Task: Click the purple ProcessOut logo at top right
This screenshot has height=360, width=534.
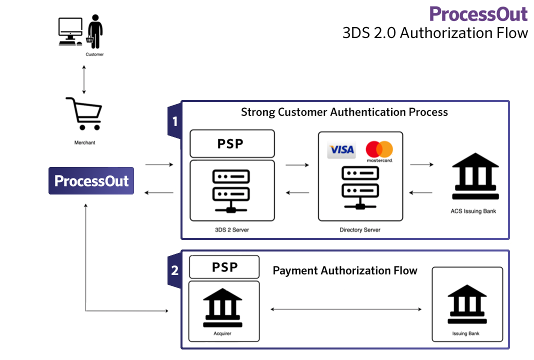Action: [478, 13]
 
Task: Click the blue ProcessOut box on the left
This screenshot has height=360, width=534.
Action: [91, 180]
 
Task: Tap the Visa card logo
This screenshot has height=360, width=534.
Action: [341, 149]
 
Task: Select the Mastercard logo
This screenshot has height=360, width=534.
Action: [379, 150]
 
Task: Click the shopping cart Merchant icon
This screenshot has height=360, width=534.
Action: [83, 114]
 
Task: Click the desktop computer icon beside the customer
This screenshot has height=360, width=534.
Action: [70, 31]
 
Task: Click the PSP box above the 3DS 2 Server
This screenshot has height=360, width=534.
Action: [231, 143]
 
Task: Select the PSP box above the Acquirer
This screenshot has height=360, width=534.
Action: [224, 267]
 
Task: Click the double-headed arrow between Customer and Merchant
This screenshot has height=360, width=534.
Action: [84, 78]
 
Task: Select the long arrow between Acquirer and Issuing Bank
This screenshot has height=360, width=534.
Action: [346, 309]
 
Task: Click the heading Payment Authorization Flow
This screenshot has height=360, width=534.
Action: [345, 270]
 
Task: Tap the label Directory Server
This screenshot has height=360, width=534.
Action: [359, 230]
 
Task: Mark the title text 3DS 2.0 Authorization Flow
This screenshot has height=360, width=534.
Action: [435, 33]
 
